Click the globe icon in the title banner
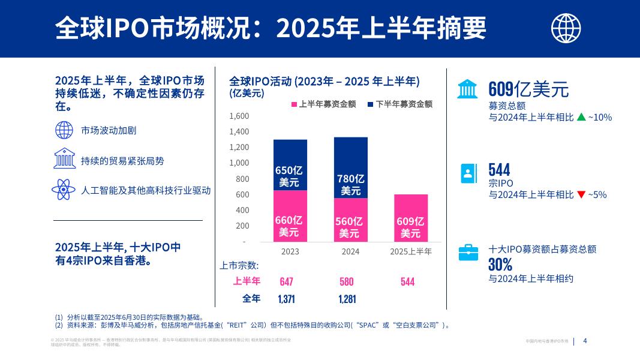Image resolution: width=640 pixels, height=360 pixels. click(x=566, y=28)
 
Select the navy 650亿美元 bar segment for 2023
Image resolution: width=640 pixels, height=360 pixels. click(x=290, y=165)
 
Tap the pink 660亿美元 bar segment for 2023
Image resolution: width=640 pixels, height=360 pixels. click(x=290, y=216)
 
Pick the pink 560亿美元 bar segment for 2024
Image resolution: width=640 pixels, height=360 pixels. click(x=351, y=220)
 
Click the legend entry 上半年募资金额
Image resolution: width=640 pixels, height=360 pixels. click(x=323, y=104)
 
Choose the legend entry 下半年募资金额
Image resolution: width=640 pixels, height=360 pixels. click(x=400, y=104)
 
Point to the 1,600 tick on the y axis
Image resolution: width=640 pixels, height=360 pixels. click(x=239, y=116)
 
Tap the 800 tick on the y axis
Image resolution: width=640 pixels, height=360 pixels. click(x=242, y=179)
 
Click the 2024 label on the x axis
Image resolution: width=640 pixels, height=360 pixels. click(x=350, y=251)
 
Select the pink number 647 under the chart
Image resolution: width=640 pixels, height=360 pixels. click(x=287, y=282)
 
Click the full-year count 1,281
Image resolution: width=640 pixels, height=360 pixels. click(x=347, y=299)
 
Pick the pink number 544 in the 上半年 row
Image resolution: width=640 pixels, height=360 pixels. click(x=407, y=282)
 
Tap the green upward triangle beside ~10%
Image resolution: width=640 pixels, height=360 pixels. click(x=581, y=118)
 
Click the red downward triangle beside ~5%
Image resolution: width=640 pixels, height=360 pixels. click(x=581, y=194)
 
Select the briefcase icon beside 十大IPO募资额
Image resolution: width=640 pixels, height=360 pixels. click(x=468, y=253)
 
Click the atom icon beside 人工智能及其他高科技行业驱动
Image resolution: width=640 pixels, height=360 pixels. click(x=64, y=190)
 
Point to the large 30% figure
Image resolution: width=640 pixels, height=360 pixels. click(x=500, y=265)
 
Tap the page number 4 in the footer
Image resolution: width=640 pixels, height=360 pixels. click(x=585, y=341)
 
